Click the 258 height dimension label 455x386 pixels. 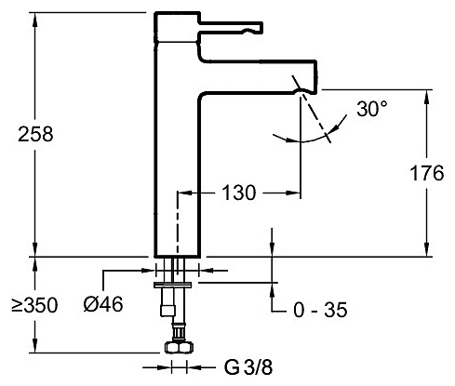click(35, 134)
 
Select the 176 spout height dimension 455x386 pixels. click(427, 173)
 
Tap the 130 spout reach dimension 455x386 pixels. click(239, 193)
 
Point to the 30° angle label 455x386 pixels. click(371, 109)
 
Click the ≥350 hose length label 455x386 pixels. click(34, 305)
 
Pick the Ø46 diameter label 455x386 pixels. click(103, 304)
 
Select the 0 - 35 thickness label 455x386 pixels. click(320, 310)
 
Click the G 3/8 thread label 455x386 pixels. click(248, 367)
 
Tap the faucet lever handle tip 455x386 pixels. click(260, 28)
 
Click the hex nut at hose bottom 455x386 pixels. click(179, 347)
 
